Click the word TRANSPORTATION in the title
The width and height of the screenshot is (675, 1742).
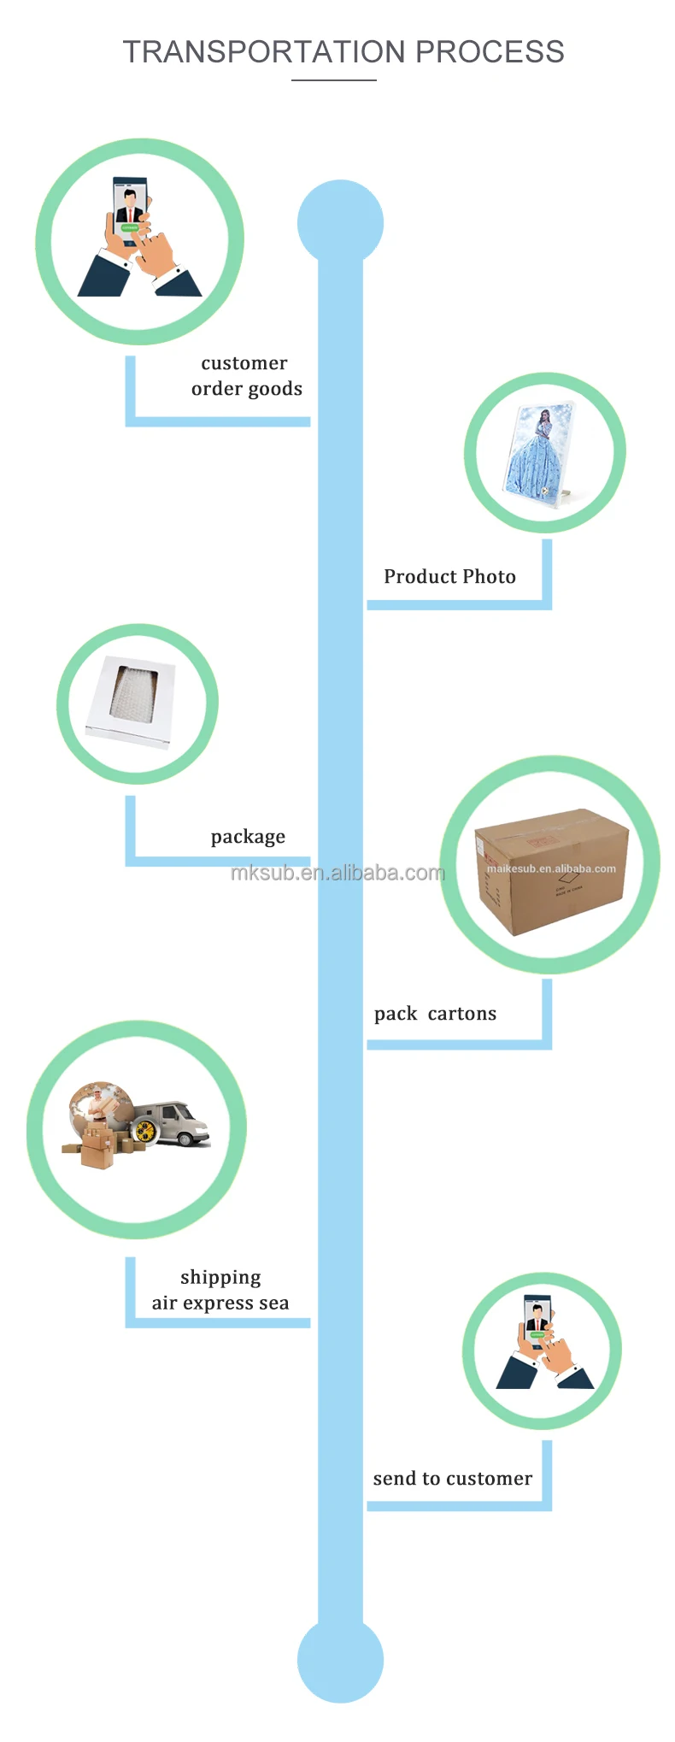[264, 52]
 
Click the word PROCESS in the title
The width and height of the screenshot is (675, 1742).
[490, 52]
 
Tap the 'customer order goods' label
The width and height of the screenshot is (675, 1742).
[245, 376]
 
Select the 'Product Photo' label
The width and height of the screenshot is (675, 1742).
[449, 577]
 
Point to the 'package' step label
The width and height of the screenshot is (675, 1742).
[248, 837]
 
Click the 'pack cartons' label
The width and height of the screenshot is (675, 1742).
[435, 1014]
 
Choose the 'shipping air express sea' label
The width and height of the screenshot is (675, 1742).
[220, 1290]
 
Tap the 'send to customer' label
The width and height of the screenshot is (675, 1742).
[452, 1479]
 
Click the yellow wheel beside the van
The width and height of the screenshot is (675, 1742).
[144, 1131]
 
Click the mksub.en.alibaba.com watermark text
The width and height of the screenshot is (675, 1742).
[337, 873]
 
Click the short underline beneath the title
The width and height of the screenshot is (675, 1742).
[334, 80]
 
